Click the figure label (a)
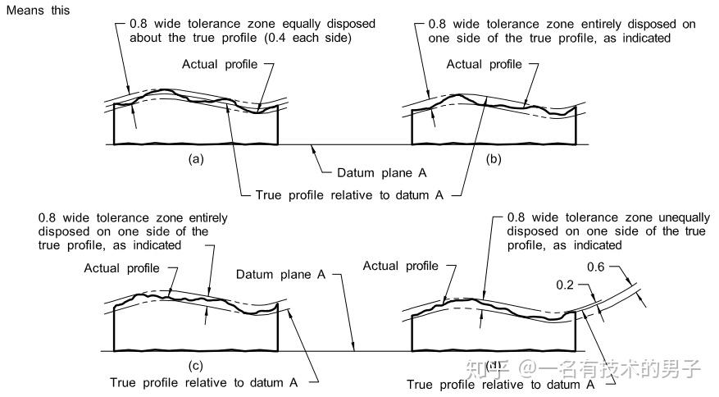196,159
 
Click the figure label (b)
494,159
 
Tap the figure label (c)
196,365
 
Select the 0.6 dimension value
596,267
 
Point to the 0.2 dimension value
565,285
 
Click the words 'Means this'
38,10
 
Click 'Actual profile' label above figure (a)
220,64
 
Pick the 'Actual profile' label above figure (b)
485,64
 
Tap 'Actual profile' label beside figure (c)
121,268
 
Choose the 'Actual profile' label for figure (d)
400,266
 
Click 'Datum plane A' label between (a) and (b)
381,173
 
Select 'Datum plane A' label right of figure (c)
280,275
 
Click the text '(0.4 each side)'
308,38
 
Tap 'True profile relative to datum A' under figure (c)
203,382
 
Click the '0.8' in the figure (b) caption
436,24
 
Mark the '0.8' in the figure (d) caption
516,217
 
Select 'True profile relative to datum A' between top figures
349,195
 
